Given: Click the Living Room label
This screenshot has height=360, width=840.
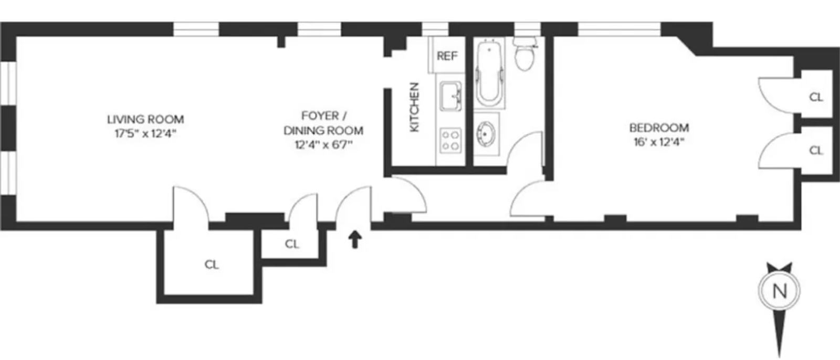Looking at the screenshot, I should coord(145,120).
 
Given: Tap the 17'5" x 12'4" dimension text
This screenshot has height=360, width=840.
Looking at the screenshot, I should coord(145,133).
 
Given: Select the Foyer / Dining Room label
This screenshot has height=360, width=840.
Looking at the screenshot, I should coord(323,123).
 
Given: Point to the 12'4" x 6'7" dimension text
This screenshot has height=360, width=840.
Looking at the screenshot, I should coord(323,144).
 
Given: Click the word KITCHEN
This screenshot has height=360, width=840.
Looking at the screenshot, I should coord(414,107).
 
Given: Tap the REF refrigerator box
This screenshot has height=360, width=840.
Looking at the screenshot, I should coord(447,56).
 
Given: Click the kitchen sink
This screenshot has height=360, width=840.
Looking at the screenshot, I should coord(450,96).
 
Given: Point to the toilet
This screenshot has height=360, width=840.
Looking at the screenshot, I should coord(524,55).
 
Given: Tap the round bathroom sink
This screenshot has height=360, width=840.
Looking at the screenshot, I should coord(486,134).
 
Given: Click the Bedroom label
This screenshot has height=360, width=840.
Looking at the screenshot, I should coord(659,128).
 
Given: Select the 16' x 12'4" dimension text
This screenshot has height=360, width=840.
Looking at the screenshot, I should coord(659,142).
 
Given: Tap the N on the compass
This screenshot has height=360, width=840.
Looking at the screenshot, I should coord(780,290).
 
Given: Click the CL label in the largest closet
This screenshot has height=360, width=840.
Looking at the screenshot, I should coord(212,264).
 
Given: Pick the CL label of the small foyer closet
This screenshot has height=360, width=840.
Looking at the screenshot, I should coord(292,244).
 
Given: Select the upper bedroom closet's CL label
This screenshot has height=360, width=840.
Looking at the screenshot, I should coord(816,97).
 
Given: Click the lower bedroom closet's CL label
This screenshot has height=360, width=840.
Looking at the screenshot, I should coord(816,151).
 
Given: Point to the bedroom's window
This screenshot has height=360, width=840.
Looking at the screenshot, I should coord(619,29).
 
